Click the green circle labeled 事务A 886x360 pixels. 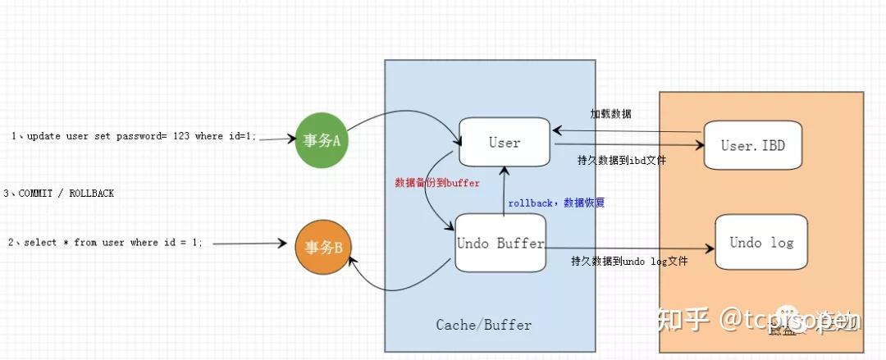pyautogui.click(x=322, y=140)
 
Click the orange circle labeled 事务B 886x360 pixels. pyautogui.click(x=322, y=245)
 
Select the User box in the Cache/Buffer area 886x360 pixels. pyautogui.click(x=505, y=143)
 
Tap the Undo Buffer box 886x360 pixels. pyautogui.click(x=500, y=244)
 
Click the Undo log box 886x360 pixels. pyautogui.click(x=761, y=243)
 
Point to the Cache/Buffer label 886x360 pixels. pyautogui.click(x=483, y=325)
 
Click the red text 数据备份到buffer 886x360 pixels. pyautogui.click(x=437, y=183)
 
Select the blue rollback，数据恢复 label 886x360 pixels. pyautogui.click(x=555, y=203)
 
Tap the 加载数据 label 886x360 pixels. pyautogui.click(x=611, y=114)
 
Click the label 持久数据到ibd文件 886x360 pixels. pyautogui.click(x=621, y=161)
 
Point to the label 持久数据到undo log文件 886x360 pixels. pyautogui.click(x=629, y=262)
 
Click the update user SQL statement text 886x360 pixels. pyautogui.click(x=134, y=136)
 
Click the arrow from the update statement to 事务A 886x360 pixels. pyautogui.click(x=276, y=139)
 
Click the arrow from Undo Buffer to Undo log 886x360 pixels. pyautogui.click(x=628, y=248)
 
